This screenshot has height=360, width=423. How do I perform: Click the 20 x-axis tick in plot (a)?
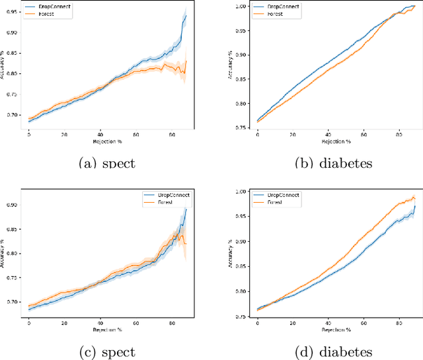[64, 135]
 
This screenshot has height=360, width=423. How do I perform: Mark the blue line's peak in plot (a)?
[186, 15]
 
